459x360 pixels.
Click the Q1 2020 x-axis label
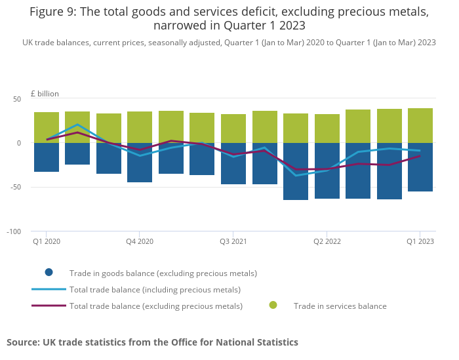click(47, 241)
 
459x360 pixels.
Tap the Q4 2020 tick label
click(140, 241)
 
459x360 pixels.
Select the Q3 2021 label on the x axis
click(233, 241)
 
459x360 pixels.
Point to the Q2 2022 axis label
click(327, 241)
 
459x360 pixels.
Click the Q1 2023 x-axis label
click(420, 241)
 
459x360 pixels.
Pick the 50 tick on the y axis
click(17, 99)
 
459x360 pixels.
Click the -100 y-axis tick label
click(14, 232)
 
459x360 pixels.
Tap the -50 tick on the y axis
click(16, 187)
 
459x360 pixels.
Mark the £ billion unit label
click(45, 94)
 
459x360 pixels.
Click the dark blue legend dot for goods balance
click(49, 273)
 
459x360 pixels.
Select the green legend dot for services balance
click(273, 306)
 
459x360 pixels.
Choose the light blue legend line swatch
click(49, 289)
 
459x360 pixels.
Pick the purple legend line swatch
click(49, 306)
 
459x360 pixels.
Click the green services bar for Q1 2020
click(47, 128)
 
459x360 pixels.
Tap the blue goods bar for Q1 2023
click(420, 167)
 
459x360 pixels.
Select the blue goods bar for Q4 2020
click(140, 163)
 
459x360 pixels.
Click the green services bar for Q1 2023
click(420, 125)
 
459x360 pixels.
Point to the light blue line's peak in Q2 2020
click(77, 125)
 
